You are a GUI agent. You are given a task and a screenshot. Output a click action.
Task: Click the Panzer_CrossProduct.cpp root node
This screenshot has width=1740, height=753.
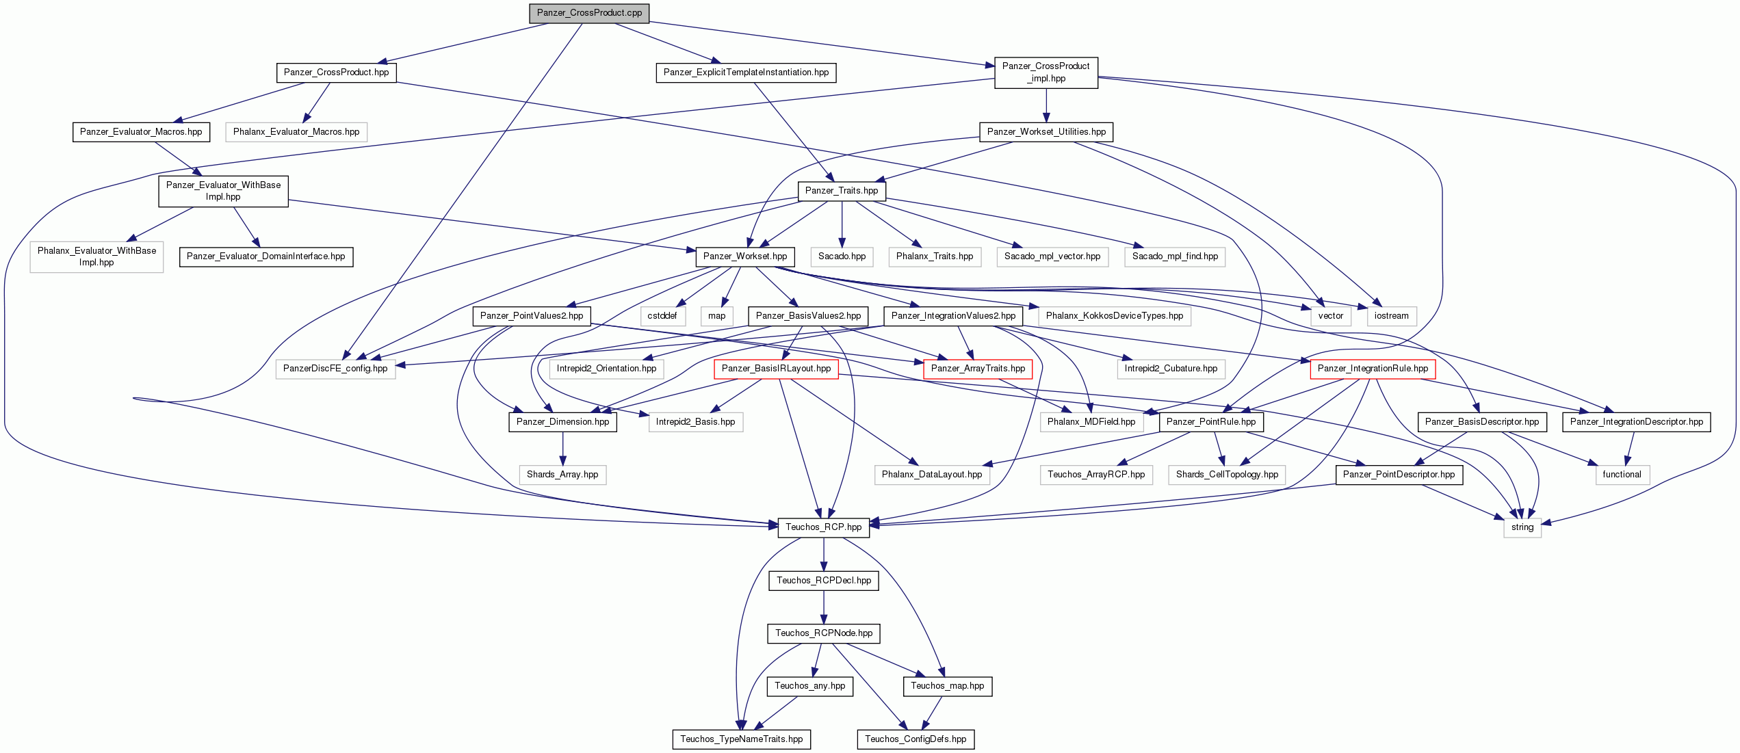pos(589,13)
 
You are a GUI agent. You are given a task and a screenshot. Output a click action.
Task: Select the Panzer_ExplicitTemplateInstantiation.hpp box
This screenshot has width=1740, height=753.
pos(746,72)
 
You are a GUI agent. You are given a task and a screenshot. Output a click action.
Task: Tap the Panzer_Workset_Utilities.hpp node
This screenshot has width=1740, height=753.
pos(1046,132)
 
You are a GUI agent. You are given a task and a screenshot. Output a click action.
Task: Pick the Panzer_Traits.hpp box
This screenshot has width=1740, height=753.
pos(842,191)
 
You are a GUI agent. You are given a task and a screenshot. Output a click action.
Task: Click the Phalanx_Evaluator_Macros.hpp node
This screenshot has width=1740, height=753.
pos(296,132)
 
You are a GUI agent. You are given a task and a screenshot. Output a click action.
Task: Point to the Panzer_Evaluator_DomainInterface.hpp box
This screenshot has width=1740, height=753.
pos(266,256)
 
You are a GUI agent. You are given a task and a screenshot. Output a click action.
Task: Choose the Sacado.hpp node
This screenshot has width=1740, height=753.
pos(842,256)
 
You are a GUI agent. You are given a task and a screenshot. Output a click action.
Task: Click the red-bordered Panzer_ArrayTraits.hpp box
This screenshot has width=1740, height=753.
pos(978,369)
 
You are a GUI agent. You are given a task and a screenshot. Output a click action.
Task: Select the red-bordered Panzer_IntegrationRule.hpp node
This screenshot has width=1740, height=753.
pos(1373,369)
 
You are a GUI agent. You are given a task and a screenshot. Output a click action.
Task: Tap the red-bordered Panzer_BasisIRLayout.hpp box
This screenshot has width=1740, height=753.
pos(776,369)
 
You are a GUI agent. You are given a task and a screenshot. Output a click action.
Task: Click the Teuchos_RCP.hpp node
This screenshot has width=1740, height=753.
pos(824,527)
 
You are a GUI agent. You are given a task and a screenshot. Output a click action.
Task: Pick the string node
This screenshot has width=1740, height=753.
pos(1522,527)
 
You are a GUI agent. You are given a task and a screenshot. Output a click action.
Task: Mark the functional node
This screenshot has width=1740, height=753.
pos(1622,475)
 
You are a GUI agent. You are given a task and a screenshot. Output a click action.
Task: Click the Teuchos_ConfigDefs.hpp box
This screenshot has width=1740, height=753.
pos(916,739)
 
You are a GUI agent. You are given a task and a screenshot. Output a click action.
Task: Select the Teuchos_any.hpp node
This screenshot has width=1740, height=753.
pos(810,686)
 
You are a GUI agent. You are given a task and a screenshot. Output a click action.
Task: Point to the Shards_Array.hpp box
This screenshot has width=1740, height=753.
pos(562,475)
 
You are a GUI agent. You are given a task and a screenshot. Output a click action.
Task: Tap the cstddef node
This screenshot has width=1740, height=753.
pos(662,316)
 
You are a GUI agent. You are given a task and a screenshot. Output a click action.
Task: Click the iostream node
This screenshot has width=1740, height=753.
pos(1392,316)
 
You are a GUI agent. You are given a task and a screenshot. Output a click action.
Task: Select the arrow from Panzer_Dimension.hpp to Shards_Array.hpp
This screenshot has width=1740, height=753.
pos(562,449)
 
